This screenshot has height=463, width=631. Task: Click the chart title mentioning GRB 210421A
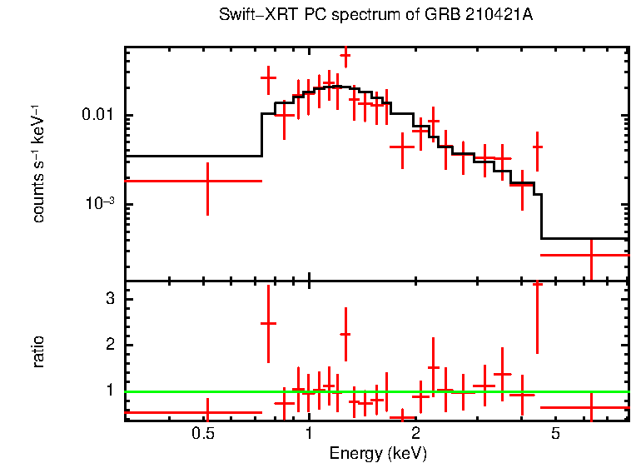(375, 16)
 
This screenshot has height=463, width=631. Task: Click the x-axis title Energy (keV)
(378, 453)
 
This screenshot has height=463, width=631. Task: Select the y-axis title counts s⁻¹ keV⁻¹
(38, 162)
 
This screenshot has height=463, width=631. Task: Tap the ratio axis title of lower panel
(38, 351)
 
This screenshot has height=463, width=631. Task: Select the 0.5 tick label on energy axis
(203, 434)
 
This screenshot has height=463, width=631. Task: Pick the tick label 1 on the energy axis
(309, 434)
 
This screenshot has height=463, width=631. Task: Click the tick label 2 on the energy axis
(415, 434)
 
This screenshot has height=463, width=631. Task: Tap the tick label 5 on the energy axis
(555, 434)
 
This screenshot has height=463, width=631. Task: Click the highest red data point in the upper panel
(345, 56)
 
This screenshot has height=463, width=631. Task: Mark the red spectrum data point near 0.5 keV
(206, 181)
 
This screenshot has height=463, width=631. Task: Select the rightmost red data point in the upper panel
(590, 255)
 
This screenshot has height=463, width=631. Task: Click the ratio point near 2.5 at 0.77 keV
(268, 323)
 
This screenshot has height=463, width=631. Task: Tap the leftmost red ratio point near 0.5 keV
(206, 411)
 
